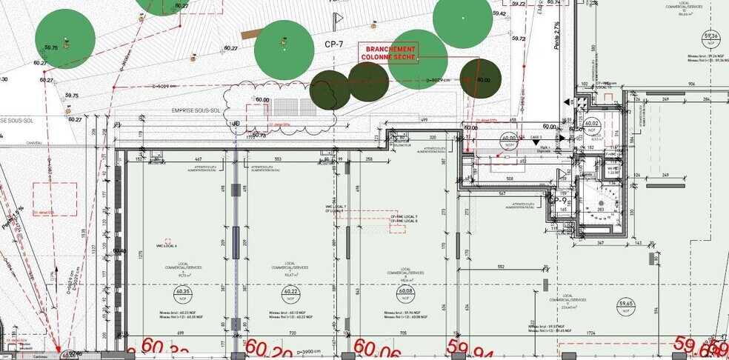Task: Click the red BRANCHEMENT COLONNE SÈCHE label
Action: coord(388,52)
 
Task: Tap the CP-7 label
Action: coord(334,44)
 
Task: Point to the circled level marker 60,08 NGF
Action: coord(405,292)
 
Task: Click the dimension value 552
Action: coord(501,266)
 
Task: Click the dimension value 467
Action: coord(198,159)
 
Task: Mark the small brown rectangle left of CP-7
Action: coord(250,34)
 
